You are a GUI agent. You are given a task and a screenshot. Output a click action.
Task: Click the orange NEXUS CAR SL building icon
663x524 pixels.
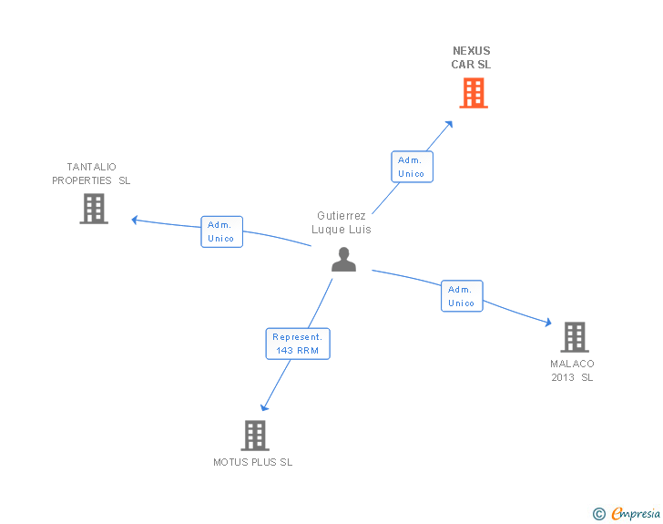[x=473, y=93]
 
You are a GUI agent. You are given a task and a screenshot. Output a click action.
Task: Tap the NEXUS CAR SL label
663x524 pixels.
[x=471, y=58]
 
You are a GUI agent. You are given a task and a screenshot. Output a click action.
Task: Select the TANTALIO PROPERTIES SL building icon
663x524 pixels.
[x=94, y=209]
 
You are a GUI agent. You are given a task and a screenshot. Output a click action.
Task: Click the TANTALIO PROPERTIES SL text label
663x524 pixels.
[x=91, y=173]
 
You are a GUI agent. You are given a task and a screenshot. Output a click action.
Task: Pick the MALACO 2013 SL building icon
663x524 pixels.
[x=574, y=337]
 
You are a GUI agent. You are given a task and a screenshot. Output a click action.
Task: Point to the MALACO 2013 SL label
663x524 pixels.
[x=572, y=370]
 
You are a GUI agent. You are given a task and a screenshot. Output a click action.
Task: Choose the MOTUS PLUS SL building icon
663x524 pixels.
[x=255, y=436]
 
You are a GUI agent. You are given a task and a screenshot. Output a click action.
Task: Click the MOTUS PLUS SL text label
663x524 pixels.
[x=253, y=462]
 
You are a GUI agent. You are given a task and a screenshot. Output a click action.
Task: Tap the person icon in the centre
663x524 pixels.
[x=343, y=260]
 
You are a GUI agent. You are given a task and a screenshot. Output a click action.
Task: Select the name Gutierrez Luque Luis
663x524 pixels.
[x=342, y=222]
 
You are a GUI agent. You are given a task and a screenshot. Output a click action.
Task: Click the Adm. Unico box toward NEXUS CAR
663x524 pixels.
[x=412, y=167]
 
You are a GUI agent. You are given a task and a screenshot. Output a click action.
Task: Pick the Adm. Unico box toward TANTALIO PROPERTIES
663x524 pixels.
[x=221, y=231]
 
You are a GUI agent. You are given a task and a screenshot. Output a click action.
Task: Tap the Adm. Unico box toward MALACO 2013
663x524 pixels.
[x=462, y=296]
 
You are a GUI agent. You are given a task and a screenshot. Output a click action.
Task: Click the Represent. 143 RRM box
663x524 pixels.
[x=298, y=344]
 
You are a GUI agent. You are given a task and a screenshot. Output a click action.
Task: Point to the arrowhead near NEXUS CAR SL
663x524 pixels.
[x=449, y=123]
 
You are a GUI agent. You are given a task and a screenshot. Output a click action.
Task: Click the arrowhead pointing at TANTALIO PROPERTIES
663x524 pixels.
[x=135, y=220]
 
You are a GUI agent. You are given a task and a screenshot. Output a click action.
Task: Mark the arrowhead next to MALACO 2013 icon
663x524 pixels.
[x=547, y=322]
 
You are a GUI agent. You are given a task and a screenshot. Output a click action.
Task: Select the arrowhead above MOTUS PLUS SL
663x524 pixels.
[x=264, y=407]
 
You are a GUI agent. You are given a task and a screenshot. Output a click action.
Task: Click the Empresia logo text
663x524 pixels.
[x=636, y=514]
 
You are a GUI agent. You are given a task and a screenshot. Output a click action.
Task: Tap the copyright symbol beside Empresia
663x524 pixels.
[x=599, y=514]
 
